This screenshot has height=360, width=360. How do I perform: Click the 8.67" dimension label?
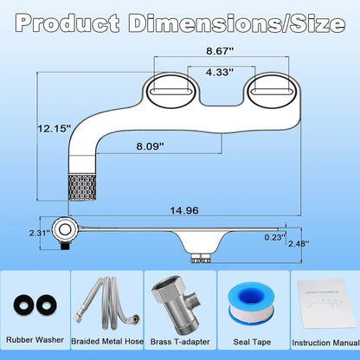(220, 51)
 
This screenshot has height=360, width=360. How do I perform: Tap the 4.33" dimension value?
(220, 72)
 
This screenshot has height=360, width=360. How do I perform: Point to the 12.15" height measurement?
(55, 128)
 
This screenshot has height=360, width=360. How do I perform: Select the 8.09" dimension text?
(151, 146)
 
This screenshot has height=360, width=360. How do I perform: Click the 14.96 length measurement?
(184, 210)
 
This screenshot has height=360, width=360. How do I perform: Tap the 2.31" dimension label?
(40, 233)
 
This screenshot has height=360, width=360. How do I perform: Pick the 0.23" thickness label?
(275, 237)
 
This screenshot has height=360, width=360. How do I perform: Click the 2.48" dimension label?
(299, 244)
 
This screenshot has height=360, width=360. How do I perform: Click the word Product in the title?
(67, 22)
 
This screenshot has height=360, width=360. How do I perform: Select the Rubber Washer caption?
(35, 340)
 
